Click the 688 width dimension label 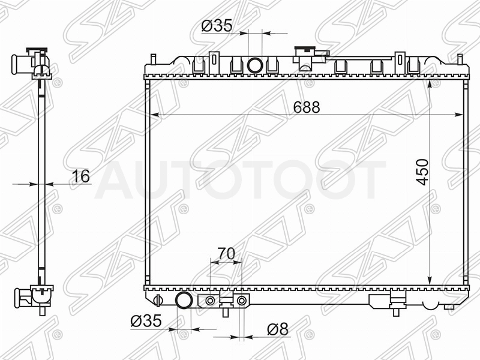coord(307,107)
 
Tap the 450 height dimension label coord(422,172)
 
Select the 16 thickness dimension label coord(81,176)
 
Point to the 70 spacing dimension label coord(226,253)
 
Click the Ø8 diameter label coord(278,329)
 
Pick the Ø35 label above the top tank coord(217,26)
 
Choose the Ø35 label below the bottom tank coord(146,321)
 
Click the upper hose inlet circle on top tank coord(254,65)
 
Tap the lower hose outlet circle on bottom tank coord(184,301)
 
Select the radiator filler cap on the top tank coord(305,51)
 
